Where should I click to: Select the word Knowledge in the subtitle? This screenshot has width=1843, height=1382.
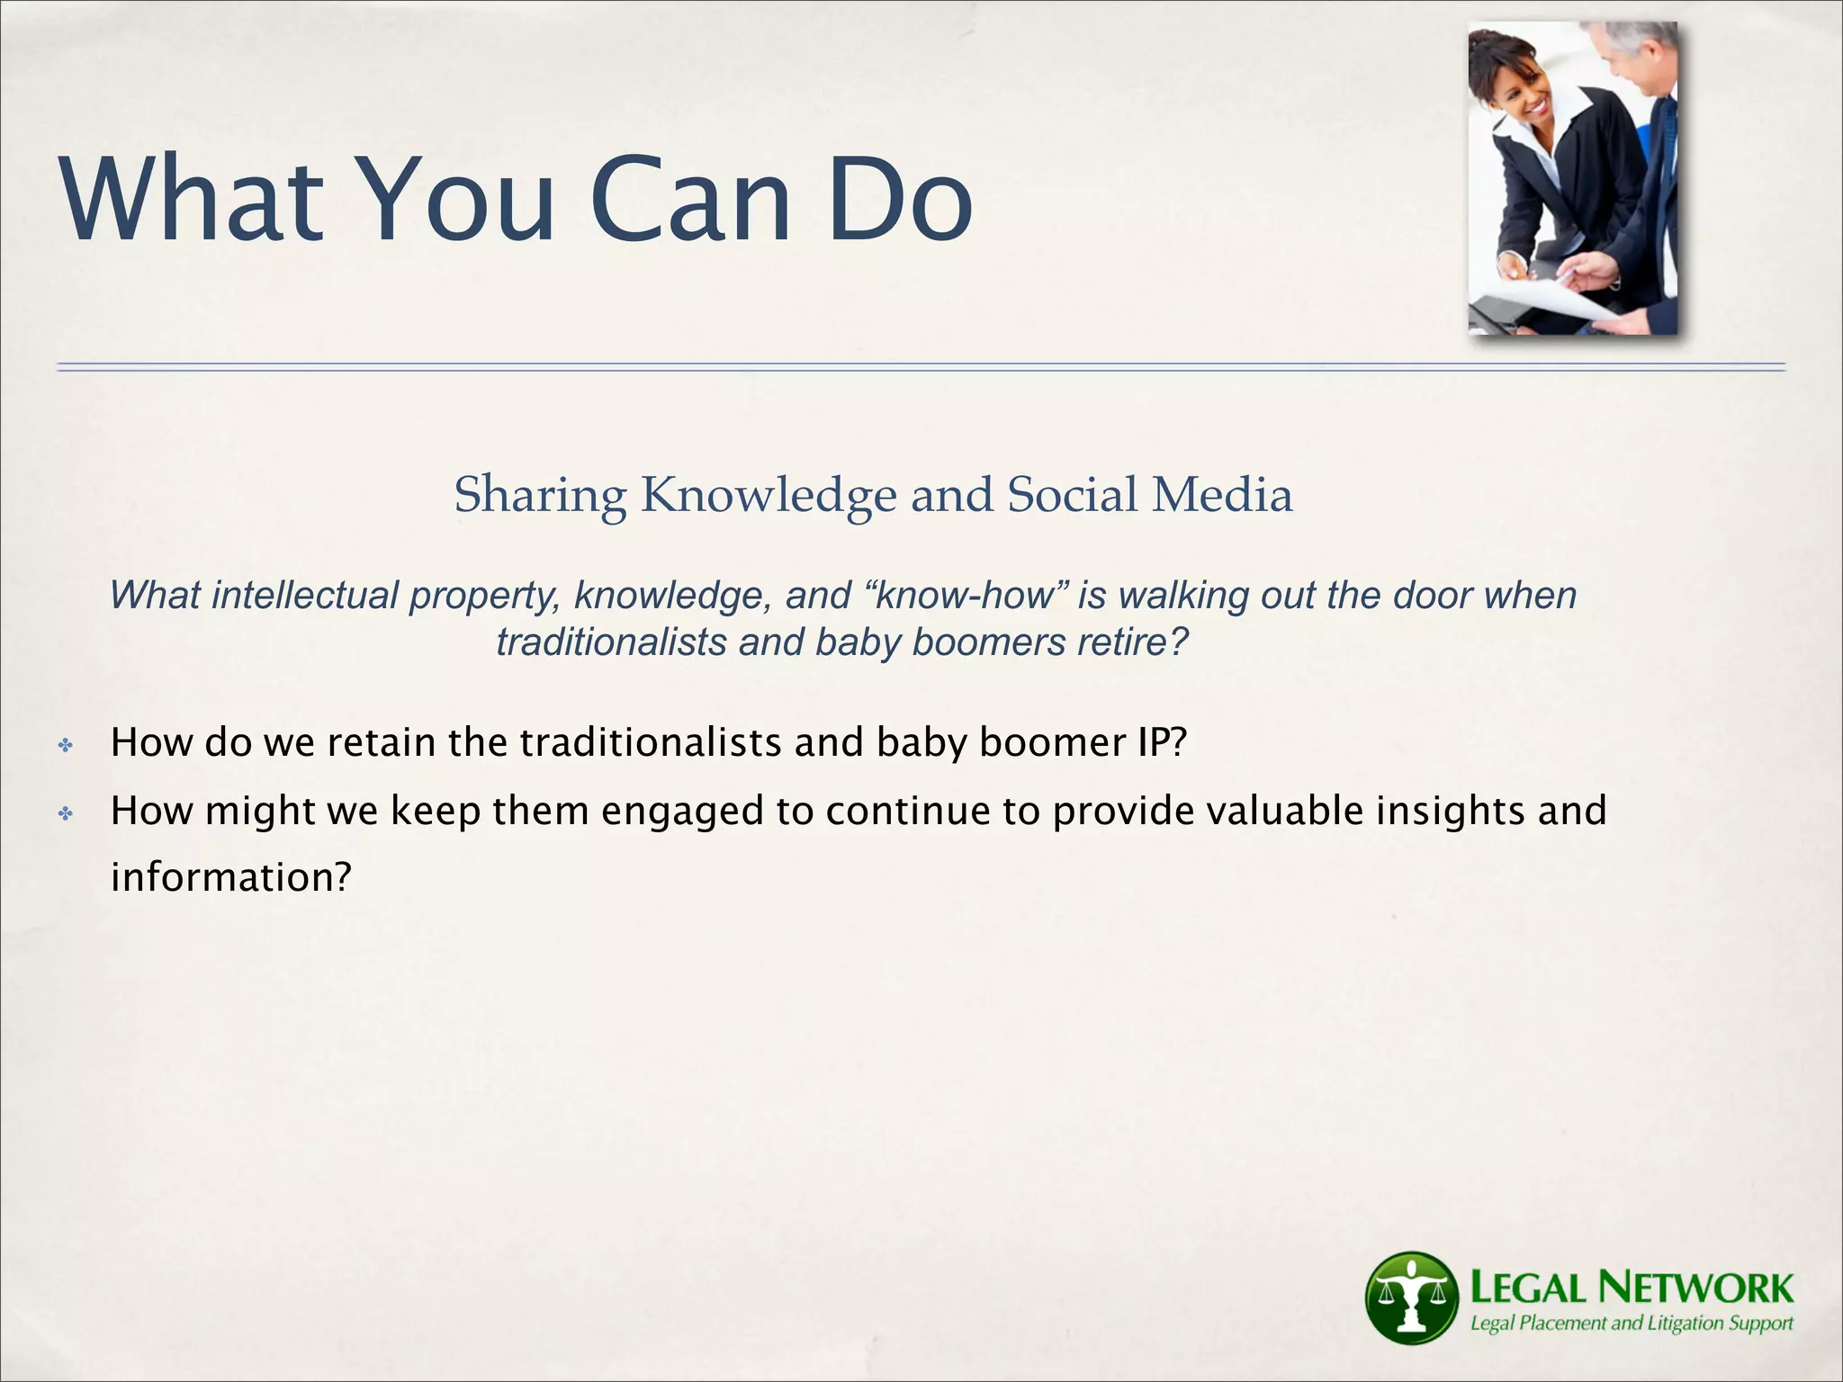coord(769,496)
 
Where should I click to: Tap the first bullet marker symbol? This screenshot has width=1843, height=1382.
coord(65,745)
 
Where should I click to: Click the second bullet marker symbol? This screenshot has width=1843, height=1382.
coord(65,814)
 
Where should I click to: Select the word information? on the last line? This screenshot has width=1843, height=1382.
coord(229,877)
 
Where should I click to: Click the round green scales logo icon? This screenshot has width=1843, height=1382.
coord(1411,1297)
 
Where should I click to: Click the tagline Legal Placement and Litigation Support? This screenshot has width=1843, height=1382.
coord(1631,1324)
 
